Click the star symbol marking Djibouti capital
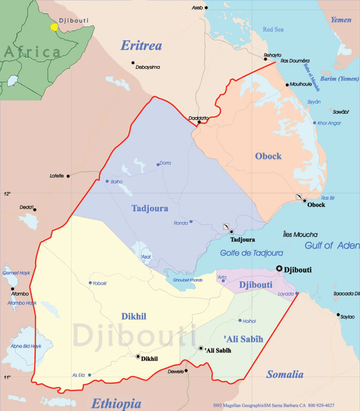(x=280, y=268)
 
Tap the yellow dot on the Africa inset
(x=53, y=26)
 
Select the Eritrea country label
(x=141, y=46)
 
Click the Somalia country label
(x=284, y=374)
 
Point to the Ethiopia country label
(x=116, y=404)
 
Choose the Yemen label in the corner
(x=341, y=20)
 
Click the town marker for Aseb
(x=206, y=8)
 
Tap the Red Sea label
(x=273, y=30)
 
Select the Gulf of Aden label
(x=332, y=246)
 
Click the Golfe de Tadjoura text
(x=251, y=253)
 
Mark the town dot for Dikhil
(x=138, y=356)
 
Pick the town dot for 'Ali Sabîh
(x=201, y=348)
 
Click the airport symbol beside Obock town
(x=298, y=197)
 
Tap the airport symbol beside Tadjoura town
(x=225, y=227)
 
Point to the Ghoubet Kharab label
(x=184, y=280)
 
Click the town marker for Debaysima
(x=133, y=63)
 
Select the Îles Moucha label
(x=301, y=234)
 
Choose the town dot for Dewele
(x=187, y=371)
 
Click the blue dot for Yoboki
(x=91, y=283)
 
